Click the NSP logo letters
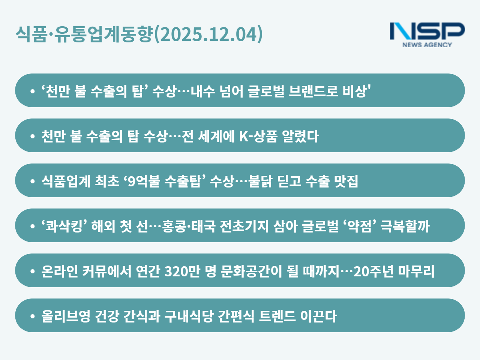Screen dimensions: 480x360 pos(427,31)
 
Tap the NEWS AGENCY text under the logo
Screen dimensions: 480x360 pos(427,45)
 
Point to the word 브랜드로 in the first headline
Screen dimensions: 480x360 pos(313,91)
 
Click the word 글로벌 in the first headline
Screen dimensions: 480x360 pos(266,91)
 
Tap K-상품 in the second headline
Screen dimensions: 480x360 pos(258,136)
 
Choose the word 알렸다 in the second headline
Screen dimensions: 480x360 pos(300,136)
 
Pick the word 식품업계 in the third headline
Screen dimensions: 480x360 pos(66,181)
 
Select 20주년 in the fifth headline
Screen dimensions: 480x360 pos(373,271)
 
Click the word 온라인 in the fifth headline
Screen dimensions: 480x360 pos(60,271)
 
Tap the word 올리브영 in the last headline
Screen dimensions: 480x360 pos(66,316)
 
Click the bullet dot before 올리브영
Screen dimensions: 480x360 pos(33,316)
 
